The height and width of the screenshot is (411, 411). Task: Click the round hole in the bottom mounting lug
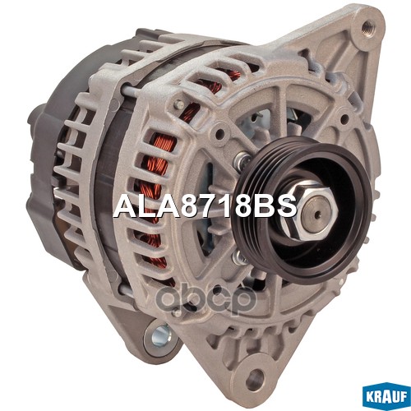point(256,379)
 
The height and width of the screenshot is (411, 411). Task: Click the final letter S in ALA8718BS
point(286,205)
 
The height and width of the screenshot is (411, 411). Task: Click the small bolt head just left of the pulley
point(239,163)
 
